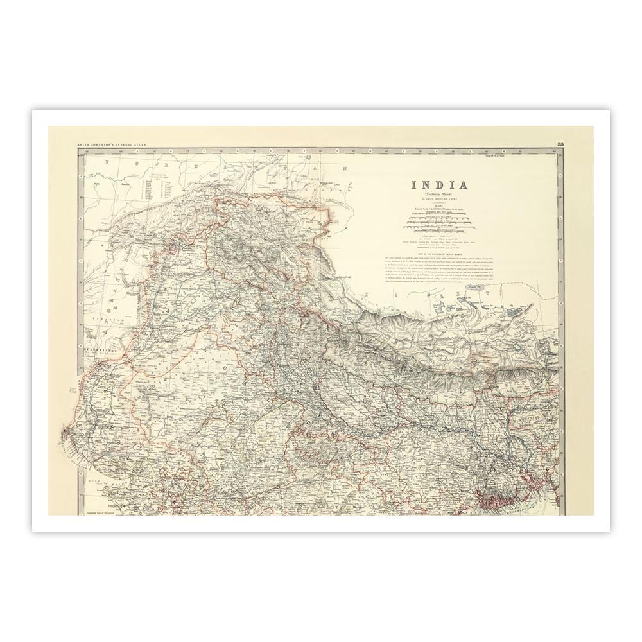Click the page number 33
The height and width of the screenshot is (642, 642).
pos(560,144)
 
